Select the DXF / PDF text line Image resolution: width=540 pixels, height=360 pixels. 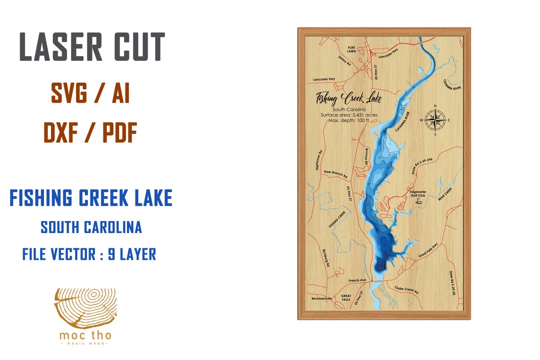tap(90, 132)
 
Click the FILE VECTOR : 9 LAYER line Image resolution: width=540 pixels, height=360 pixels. tap(89, 254)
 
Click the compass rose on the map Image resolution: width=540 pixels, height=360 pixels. tap(435, 120)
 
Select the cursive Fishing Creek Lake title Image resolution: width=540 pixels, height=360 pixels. tap(348, 98)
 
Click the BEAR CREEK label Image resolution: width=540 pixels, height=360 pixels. tap(444, 194)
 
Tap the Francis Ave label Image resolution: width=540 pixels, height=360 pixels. tap(357, 280)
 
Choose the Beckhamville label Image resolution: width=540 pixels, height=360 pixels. tap(321, 298)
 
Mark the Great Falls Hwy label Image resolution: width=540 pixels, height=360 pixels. tap(427, 249)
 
